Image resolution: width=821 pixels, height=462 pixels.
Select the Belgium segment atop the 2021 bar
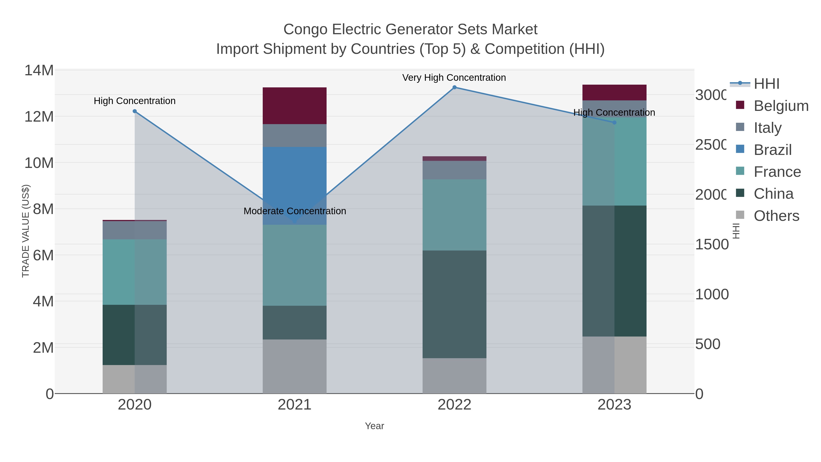[294, 106]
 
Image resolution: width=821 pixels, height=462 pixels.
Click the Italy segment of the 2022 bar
[455, 170]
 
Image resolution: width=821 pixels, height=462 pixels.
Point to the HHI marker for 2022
[455, 87]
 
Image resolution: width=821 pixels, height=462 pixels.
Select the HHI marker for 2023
[614, 123]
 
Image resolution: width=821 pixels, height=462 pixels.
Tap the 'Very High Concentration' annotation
[454, 78]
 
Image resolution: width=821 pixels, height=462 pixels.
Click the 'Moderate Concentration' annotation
[294, 211]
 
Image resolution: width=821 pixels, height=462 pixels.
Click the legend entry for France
[777, 172]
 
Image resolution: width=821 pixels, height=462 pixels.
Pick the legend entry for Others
[776, 216]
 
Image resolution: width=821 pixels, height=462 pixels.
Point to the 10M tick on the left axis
[39, 163]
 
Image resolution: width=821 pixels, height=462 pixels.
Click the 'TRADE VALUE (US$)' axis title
[26, 231]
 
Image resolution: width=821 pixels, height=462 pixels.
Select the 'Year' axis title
[374, 426]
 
